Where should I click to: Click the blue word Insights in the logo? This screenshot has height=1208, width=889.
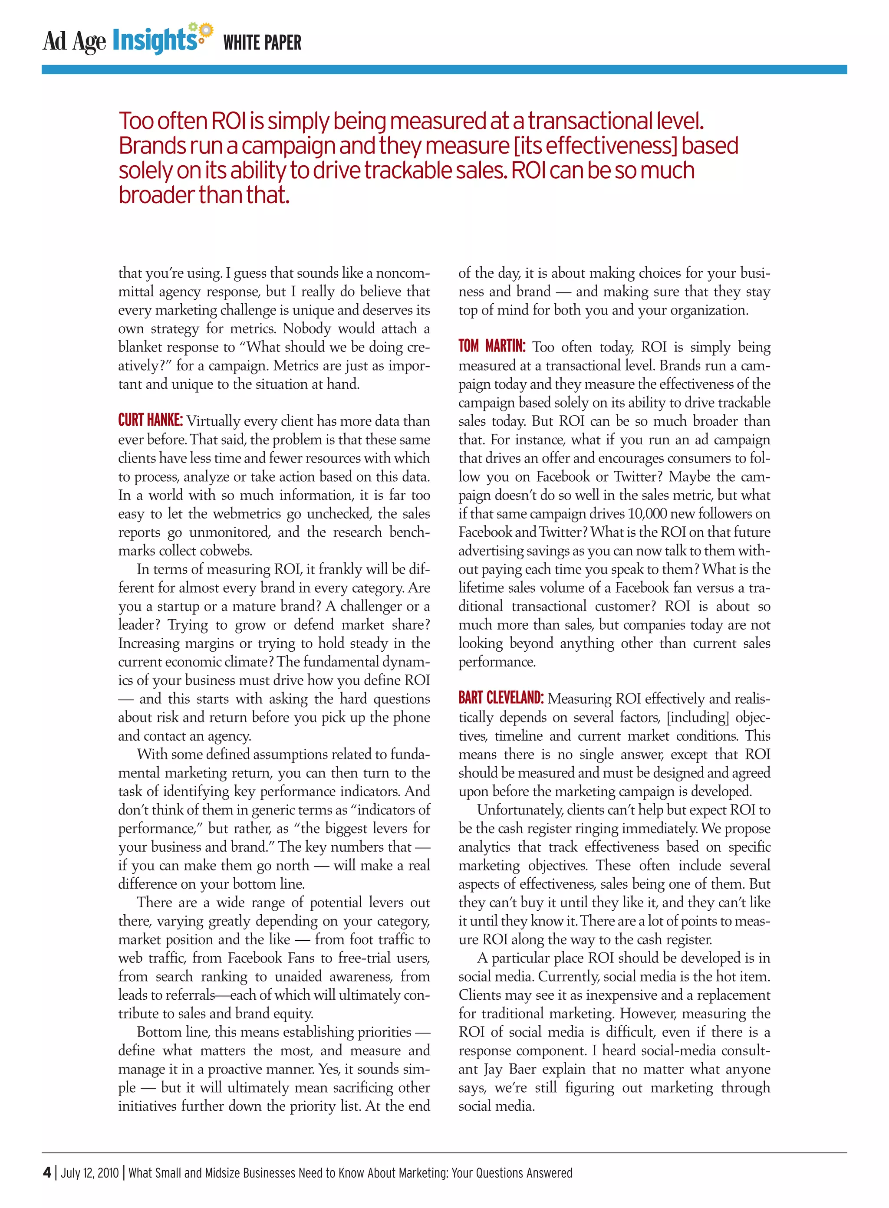click(x=154, y=40)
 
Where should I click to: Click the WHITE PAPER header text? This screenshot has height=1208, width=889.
click(x=262, y=43)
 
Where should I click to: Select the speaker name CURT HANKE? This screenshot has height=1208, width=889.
click(x=151, y=420)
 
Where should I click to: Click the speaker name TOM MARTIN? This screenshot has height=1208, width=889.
click(x=492, y=346)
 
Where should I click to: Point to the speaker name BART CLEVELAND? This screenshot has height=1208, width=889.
click(x=501, y=698)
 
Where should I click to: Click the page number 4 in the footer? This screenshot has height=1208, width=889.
click(x=47, y=1172)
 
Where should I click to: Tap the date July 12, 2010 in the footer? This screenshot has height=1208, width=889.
click(x=90, y=1172)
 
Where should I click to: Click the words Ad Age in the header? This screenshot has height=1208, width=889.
click(x=74, y=41)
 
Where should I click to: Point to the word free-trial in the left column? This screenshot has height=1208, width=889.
click(x=368, y=958)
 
